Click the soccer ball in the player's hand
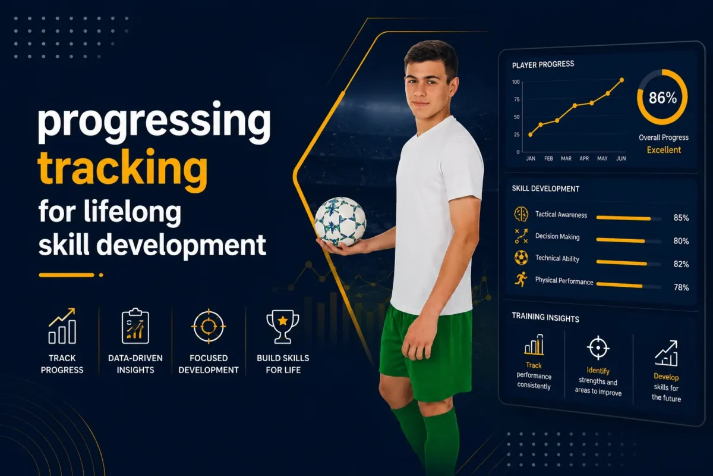340,221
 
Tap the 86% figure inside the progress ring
662,98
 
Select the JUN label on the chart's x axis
621,158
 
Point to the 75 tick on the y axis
516,99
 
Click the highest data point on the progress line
621,80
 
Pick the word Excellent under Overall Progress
664,150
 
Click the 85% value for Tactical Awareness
681,218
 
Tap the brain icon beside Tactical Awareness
521,214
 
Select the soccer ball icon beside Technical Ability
521,258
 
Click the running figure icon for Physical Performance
521,279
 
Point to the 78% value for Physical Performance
681,287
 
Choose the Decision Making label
557,237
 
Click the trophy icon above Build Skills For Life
283,327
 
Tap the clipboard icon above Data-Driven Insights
135,326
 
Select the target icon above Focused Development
209,326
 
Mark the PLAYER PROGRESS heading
543,65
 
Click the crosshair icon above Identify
598,348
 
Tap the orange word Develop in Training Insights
666,377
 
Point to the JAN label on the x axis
531,158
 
